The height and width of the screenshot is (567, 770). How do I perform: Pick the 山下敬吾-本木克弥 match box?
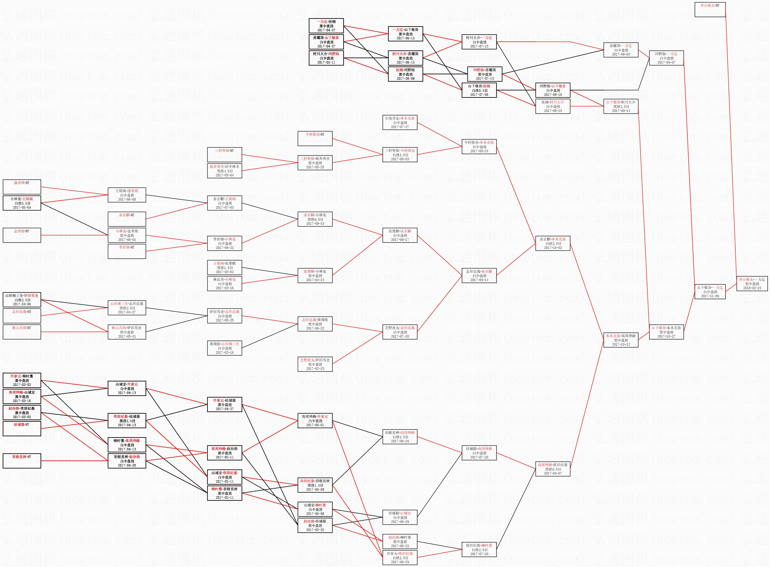point(666,332)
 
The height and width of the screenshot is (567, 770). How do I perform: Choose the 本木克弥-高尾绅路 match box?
point(620,340)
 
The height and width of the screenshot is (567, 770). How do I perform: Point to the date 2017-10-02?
point(553,248)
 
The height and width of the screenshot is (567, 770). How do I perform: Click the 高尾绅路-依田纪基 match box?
point(553,469)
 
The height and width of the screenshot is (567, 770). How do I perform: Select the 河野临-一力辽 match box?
point(666,58)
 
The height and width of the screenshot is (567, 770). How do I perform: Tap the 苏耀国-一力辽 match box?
point(620,50)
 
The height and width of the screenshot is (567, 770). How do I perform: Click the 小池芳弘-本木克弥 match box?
point(400,122)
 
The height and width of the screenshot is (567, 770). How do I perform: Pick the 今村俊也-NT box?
point(315,138)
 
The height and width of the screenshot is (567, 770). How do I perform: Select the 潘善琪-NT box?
point(22,187)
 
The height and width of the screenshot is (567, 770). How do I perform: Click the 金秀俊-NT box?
point(22,235)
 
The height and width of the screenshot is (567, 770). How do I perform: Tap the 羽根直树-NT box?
point(22,461)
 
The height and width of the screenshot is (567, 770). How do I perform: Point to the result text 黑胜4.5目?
point(225,171)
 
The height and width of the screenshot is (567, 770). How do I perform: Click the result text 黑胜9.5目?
point(315,219)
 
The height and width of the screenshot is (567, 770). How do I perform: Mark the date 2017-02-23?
point(315,369)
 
